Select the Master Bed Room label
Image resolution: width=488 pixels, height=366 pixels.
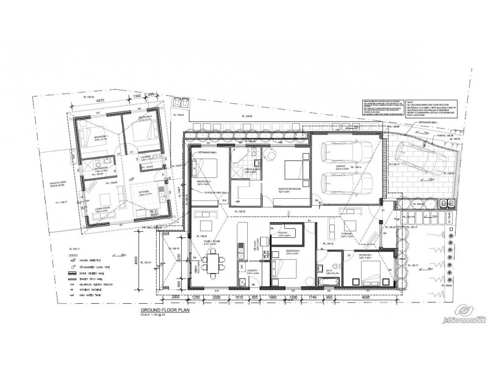291,188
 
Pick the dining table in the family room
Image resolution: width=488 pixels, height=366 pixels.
213,264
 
